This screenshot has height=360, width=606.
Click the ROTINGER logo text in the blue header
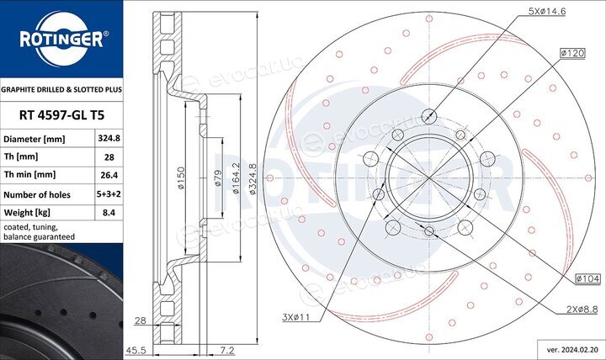[61, 39]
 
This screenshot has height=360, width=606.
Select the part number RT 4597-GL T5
[61, 115]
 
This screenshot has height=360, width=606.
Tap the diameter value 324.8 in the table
[109, 138]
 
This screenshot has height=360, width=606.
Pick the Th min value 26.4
[109, 175]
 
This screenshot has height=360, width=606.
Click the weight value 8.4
[109, 212]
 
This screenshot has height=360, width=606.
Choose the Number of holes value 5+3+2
[109, 194]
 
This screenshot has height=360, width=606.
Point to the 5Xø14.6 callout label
[547, 11]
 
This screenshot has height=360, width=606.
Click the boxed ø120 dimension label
[572, 53]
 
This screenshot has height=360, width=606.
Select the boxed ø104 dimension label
[587, 278]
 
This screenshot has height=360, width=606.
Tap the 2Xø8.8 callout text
[582, 310]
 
